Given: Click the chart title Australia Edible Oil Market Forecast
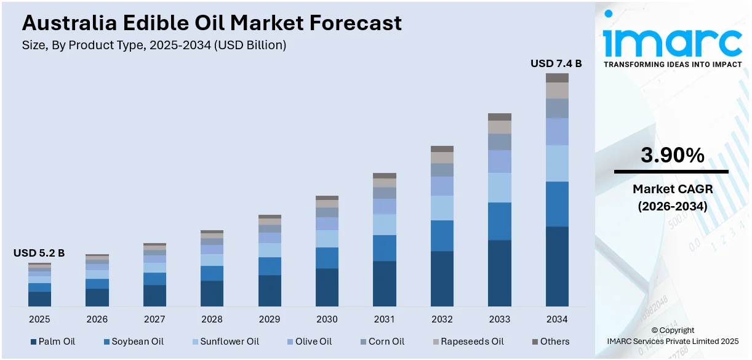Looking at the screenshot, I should click(x=212, y=23).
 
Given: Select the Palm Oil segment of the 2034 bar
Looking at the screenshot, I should click(x=557, y=266).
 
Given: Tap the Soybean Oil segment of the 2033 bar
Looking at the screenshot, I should click(x=499, y=221).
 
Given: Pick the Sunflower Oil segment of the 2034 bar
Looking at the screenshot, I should click(x=557, y=163).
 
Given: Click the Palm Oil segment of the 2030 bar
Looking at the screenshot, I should click(x=327, y=287).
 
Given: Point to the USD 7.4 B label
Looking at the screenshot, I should click(x=556, y=63).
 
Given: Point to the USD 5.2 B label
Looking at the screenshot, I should click(x=39, y=253).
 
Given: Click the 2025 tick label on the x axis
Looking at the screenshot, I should click(x=39, y=319).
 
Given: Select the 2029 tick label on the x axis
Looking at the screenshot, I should click(x=270, y=319).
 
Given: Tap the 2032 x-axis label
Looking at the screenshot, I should click(x=442, y=319).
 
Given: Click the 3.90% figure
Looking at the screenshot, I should click(x=672, y=156).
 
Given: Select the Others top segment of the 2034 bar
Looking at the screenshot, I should click(x=557, y=78).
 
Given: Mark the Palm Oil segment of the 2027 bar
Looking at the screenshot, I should click(x=154, y=295).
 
